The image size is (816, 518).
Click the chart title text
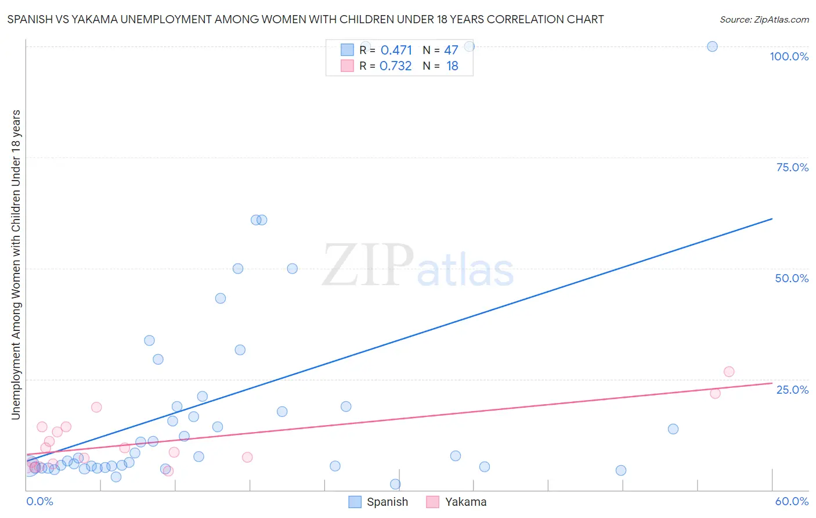coord(305,19)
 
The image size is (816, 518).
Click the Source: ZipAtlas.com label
coord(764,19)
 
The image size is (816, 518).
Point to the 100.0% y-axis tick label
coord(789,56)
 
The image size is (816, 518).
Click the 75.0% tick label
coord(792,167)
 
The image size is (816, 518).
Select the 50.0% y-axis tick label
coord(792,278)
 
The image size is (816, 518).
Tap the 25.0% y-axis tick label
coord(792,389)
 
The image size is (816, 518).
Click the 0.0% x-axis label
coord(39,501)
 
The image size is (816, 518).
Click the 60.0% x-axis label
coord(792,501)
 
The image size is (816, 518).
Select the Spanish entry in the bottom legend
coord(378,502)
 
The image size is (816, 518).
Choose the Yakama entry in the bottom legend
coord(457,502)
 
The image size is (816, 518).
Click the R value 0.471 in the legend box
coord(396,51)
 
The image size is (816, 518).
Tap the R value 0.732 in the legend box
coord(395,66)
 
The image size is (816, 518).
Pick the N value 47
coord(451,51)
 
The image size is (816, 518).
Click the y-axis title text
coord(16,264)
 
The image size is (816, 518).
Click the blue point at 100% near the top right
coord(712,46)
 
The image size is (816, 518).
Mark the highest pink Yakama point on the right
coord(729,372)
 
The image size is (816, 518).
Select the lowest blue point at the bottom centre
coord(395,484)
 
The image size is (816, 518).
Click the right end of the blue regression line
coord(772,219)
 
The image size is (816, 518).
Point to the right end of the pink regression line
coord(772,383)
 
